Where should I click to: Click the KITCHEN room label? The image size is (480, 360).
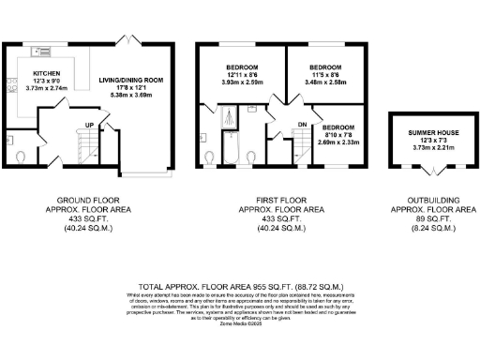pyautogui.click(x=47, y=72)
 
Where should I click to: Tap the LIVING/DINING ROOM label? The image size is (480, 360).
pyautogui.click(x=131, y=81)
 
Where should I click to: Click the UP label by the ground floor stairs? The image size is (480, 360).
pyautogui.click(x=90, y=125)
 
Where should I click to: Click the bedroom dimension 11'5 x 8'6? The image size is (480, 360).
pyautogui.click(x=326, y=76)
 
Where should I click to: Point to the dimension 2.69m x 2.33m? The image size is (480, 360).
pyautogui.click(x=338, y=142)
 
